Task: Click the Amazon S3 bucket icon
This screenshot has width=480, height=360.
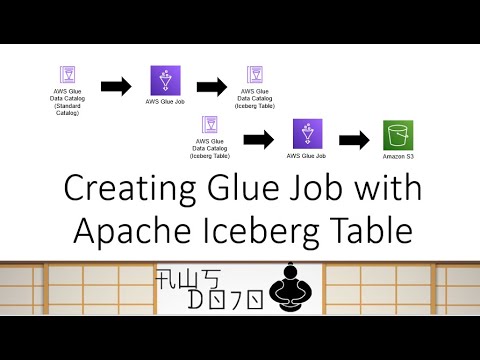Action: (x=398, y=135)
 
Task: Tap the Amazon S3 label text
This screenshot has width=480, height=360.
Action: (x=398, y=157)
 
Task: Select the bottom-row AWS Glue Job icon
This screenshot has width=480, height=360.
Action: (x=306, y=133)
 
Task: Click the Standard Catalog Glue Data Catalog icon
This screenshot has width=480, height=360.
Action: (x=68, y=76)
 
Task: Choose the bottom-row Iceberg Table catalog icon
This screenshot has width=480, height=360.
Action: (x=211, y=125)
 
